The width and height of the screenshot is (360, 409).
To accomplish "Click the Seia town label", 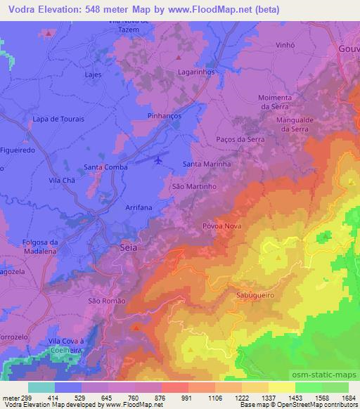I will (129, 248).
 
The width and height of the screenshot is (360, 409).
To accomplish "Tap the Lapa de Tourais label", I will (58, 119).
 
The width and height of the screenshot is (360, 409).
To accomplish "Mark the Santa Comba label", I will (105, 167).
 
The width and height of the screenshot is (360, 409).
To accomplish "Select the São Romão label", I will (106, 301).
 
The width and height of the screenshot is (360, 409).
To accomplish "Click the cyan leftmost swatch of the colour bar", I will (41, 387).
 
